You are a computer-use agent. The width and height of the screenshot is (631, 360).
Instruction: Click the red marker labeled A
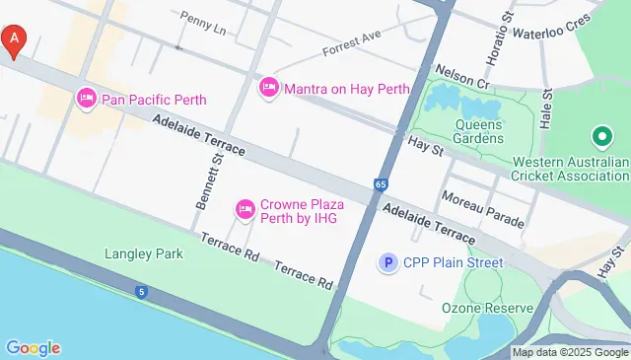pos(14,40)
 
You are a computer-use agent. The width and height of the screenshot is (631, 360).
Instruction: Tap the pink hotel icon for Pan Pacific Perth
pos(86,99)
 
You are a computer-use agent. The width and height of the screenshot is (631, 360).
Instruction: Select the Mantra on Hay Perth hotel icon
pos(268,89)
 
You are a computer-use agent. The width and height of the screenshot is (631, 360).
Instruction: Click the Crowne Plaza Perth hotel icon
pos(245,209)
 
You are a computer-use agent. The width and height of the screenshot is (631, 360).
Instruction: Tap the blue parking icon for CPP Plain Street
pos(388,262)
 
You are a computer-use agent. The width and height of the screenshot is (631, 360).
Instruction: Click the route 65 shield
pos(381,184)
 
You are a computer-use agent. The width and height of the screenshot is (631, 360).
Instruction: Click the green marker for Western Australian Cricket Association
pos(599,137)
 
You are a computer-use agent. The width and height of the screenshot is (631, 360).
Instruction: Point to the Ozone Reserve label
pos(487,308)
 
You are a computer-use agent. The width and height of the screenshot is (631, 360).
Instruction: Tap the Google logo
pos(33,347)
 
